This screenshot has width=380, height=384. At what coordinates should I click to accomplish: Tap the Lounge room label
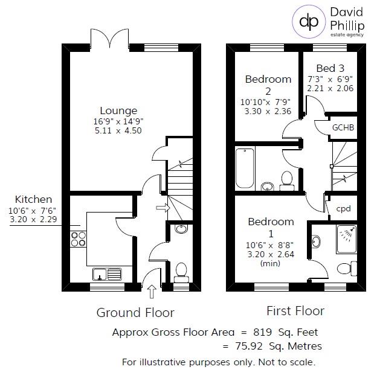118,110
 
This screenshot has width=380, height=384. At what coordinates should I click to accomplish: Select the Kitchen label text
33,199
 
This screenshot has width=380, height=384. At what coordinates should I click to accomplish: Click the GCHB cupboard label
343,127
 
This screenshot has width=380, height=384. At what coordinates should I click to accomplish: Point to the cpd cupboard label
343,209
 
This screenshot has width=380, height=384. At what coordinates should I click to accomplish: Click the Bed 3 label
329,69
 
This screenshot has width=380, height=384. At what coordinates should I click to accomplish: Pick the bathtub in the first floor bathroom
245,167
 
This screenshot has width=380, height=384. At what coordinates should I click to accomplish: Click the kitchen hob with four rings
79,238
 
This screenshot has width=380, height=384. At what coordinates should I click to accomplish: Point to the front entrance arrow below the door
152,292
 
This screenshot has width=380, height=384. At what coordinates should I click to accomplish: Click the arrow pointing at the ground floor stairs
162,208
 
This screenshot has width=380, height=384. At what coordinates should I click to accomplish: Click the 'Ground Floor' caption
135,313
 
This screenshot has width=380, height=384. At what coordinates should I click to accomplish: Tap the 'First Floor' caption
295,311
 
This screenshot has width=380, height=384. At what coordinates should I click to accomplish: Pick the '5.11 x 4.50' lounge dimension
118,130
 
